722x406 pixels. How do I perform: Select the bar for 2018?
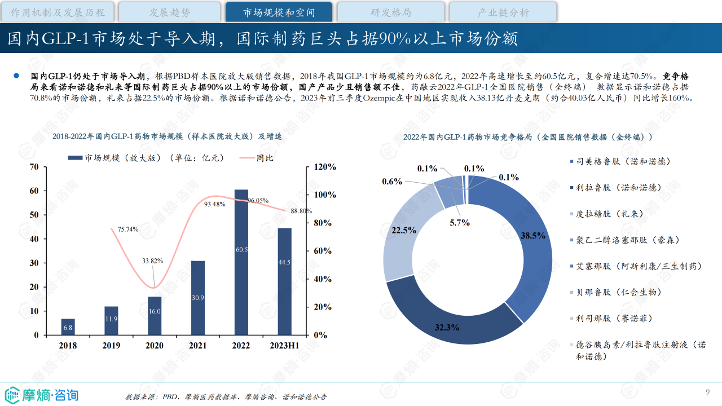68,326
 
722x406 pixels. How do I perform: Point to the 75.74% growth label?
128,229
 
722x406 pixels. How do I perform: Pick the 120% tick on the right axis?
324,167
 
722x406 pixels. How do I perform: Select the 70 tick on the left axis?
34,167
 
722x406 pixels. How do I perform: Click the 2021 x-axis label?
197,345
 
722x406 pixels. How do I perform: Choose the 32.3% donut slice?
451,316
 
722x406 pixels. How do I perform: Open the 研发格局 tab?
390,12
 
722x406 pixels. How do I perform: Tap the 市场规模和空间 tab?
279,12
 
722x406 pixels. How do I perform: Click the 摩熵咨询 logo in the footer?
42,394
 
